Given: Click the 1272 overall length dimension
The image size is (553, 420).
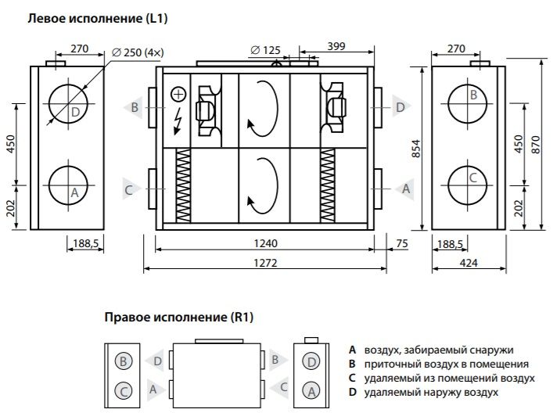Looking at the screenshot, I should pos(266,264).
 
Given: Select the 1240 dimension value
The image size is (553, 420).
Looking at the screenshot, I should pos(266,243).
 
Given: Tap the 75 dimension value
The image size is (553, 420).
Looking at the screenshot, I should pos(403,243).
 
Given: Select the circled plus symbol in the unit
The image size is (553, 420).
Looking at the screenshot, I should pos(178,95).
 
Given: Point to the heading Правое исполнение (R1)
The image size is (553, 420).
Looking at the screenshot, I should pos(179,318).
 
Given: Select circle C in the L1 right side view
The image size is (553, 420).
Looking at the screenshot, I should pos(472,181).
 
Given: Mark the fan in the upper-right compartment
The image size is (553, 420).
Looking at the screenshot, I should pos(334,107).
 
